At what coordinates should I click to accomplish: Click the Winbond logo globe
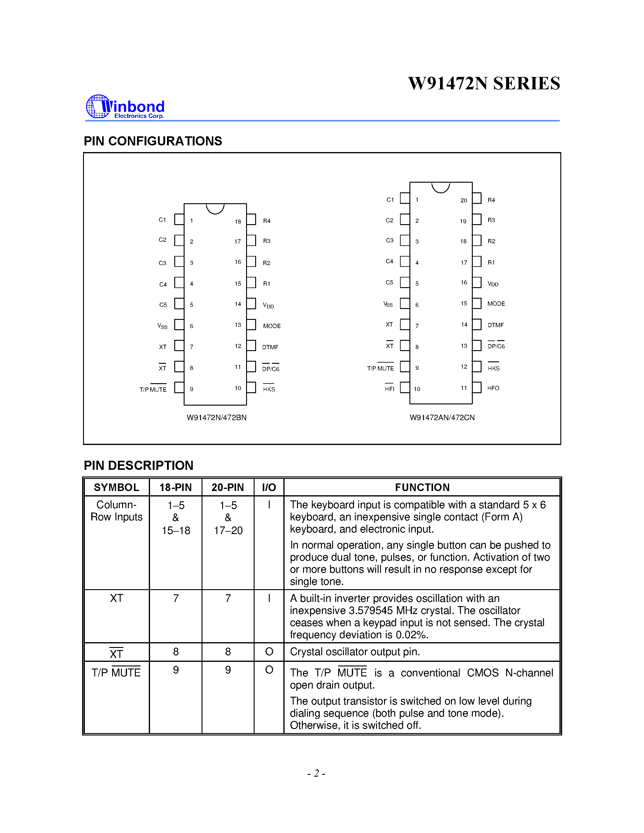pos(98,106)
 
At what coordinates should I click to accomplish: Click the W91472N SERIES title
pos(484,84)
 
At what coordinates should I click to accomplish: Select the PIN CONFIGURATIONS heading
pos(153,141)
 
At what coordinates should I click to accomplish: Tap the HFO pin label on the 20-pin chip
pos(493,388)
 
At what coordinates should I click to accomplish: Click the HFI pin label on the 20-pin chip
pos(389,389)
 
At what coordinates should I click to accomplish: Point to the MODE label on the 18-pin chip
pos(272,326)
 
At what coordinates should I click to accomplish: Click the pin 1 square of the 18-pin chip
pos(179,219)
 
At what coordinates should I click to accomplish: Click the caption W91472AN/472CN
pos(442,418)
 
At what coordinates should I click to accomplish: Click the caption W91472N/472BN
pos(216,418)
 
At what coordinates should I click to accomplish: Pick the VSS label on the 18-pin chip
pos(162,326)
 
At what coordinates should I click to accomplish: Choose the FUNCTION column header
pos(422,487)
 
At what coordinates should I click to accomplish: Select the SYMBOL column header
pos(116,487)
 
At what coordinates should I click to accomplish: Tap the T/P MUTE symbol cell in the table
pos(116,672)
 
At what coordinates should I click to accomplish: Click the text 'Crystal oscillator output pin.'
pos(355,652)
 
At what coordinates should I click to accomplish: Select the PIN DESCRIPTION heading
pos(138,466)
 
